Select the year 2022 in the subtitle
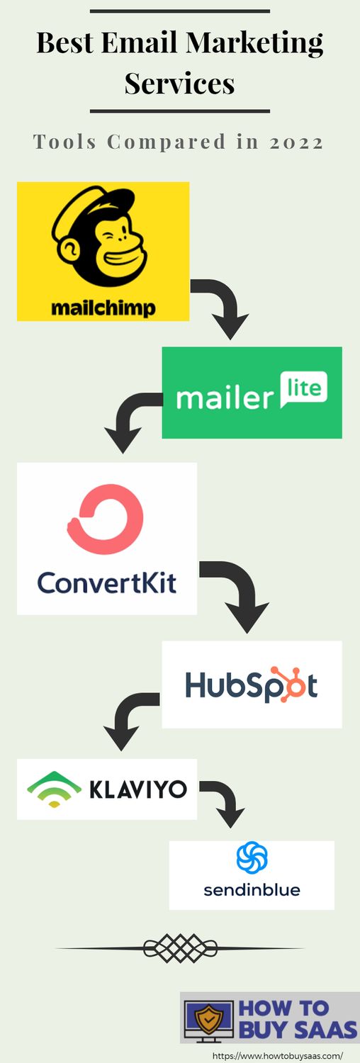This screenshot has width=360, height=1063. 296,142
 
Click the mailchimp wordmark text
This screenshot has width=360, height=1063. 103,308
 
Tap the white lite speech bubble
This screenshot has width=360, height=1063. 303,390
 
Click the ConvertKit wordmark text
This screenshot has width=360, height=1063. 107,583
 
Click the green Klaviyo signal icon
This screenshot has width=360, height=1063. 54,789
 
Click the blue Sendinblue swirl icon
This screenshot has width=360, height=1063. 252,857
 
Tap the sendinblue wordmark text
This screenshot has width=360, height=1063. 252,889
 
